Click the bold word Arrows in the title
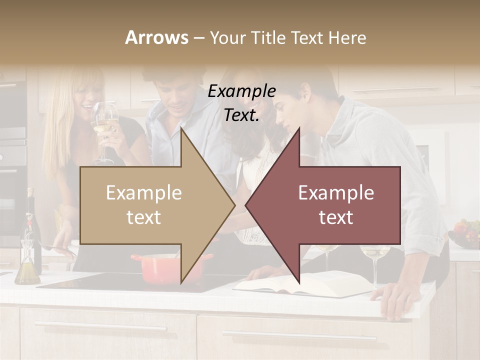156,37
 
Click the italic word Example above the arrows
242,91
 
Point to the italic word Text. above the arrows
242,115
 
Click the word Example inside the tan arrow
144,192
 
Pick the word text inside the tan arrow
144,217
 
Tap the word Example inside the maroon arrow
336,192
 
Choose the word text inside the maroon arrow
336,217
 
